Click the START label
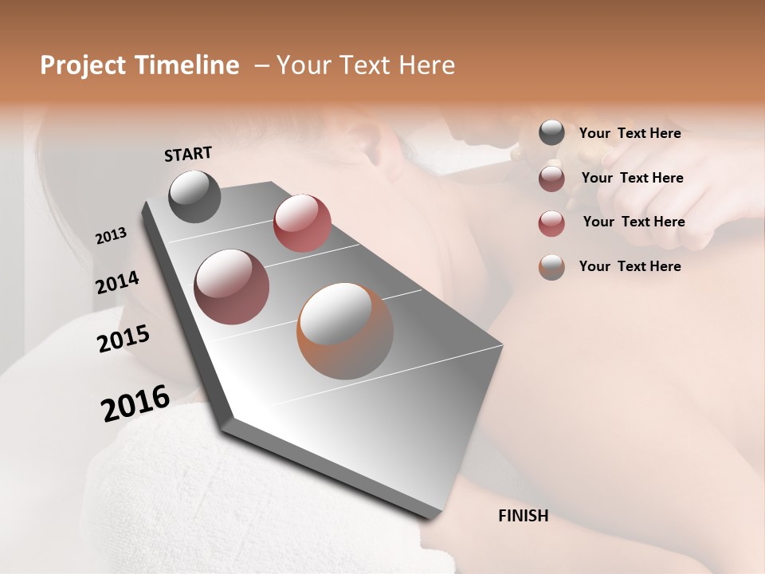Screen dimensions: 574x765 point(188,154)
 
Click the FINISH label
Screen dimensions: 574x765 point(523,516)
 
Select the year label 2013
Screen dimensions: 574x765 point(111,236)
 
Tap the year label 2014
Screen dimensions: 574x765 point(117,283)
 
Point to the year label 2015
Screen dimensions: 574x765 point(124,339)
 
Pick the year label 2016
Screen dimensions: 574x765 point(135,403)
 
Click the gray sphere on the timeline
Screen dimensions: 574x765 point(194,196)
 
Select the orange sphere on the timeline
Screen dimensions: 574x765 point(345,331)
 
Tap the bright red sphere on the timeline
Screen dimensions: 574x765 point(302,222)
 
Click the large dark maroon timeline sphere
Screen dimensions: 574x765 point(232,287)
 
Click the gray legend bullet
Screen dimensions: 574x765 point(551,133)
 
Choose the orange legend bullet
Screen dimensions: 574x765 point(551,266)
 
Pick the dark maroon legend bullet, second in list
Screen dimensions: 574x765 point(551,179)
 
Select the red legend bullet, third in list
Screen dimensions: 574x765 point(551,222)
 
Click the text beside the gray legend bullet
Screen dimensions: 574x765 point(630,133)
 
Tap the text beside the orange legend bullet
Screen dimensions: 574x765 point(630,266)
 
